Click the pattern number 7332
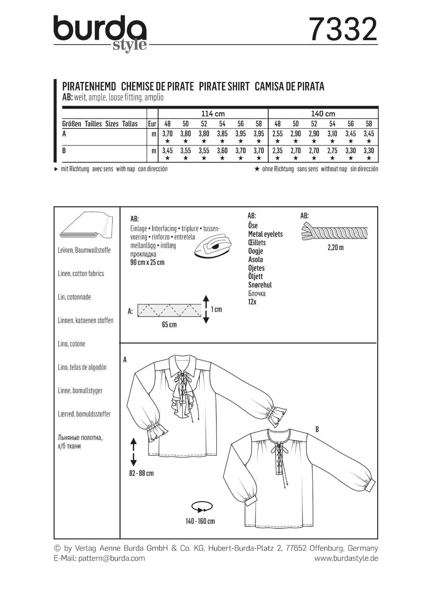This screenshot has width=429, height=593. pos(343,30)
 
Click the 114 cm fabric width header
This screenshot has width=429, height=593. pos(213,114)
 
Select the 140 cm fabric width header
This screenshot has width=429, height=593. pos(323,114)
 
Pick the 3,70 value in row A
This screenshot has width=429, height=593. pos(167,134)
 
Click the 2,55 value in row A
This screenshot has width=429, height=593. pos(277,134)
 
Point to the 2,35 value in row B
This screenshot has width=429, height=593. pos(277,151)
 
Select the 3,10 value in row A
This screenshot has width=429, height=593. pos(332,134)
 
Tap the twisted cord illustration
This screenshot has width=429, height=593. pos(334,233)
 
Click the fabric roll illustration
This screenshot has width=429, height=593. pos(86,226)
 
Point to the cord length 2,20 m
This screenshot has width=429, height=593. pos(335,247)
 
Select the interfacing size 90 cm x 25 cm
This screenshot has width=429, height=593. pos(147,263)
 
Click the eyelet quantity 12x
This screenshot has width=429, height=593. pos(252,302)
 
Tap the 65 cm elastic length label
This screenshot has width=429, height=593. pos(169,325)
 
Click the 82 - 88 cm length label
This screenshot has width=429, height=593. pos(141,473)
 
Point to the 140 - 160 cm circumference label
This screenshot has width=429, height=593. pos(200,521)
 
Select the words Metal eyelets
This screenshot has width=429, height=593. pos(265,234)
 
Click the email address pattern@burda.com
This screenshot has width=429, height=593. pos(112,558)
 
